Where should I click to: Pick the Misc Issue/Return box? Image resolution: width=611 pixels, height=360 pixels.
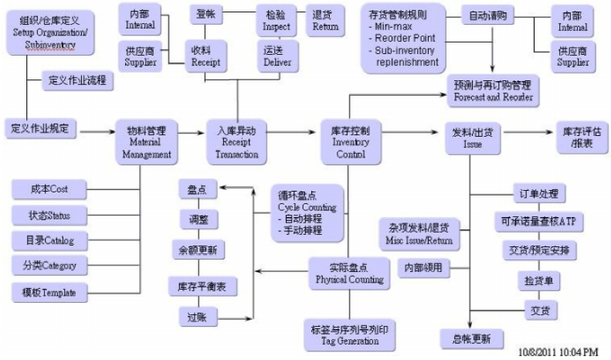point(419,233)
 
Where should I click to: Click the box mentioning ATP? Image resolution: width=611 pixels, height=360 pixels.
point(539,222)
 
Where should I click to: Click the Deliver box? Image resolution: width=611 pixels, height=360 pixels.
point(277,56)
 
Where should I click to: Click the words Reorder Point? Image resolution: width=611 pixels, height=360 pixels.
point(402,38)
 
